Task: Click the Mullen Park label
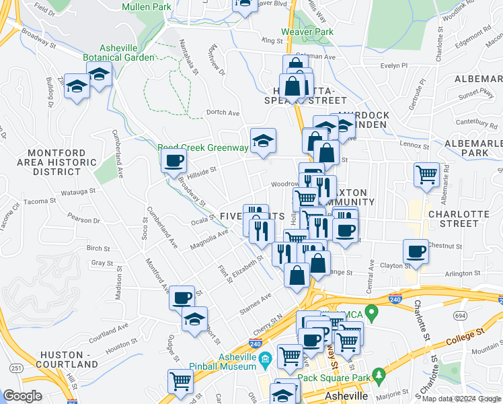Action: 147,7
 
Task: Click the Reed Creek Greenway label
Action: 194,147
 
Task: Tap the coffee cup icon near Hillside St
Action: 174,160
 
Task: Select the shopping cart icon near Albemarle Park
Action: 426,174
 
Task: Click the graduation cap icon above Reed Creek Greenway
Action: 263,140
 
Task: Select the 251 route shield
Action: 15,368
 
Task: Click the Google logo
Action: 22,396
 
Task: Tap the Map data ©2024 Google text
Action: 460,399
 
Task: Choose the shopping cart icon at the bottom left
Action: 181,381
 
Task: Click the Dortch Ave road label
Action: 223,112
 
